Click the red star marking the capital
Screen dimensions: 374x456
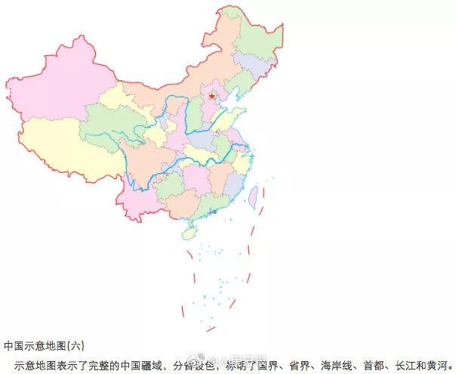pos(212,96)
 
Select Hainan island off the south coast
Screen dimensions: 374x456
pos(189,234)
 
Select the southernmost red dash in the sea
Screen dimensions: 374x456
pos(211,329)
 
